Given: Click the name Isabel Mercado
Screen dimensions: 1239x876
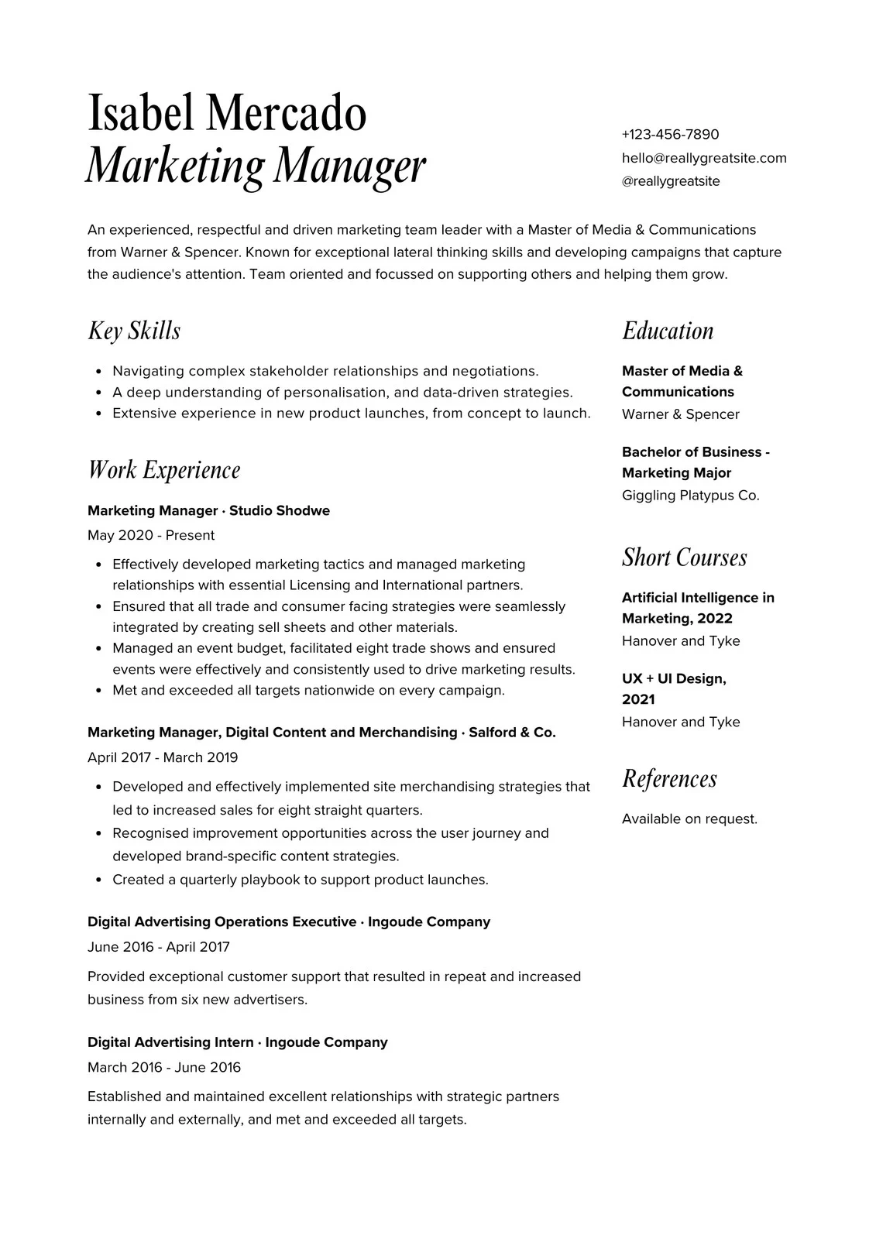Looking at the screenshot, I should [226, 113].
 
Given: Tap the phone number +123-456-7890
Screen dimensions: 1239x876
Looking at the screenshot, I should [670, 135].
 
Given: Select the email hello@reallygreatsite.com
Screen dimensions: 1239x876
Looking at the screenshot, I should [703, 158].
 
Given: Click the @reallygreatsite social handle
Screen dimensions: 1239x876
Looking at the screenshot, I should [670, 181].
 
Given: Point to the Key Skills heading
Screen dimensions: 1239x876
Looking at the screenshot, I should [134, 331].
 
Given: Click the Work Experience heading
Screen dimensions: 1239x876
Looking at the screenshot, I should [164, 470].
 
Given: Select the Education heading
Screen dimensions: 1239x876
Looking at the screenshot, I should [668, 331].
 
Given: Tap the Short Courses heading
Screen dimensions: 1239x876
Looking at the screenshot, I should [684, 558].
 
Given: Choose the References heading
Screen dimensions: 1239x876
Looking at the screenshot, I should [669, 778].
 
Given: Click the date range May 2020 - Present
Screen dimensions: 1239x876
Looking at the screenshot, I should [151, 535].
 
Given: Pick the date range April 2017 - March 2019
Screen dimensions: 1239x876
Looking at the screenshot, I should [163, 757].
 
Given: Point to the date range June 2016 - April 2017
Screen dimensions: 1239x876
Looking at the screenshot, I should [159, 946].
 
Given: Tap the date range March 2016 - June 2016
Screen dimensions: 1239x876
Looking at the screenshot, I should [164, 1067].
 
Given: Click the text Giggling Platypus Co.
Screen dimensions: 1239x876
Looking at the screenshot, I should [690, 496].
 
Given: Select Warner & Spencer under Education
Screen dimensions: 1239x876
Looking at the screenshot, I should [680, 414].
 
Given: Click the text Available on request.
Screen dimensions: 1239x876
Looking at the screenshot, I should [689, 819].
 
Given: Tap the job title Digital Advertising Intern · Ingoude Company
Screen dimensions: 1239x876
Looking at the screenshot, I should [237, 1042].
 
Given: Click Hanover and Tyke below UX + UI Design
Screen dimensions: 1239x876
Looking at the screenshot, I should [681, 722].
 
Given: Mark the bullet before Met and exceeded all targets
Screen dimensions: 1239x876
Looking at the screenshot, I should [98, 691].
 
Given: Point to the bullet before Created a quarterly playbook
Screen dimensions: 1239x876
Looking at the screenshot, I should [98, 880].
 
